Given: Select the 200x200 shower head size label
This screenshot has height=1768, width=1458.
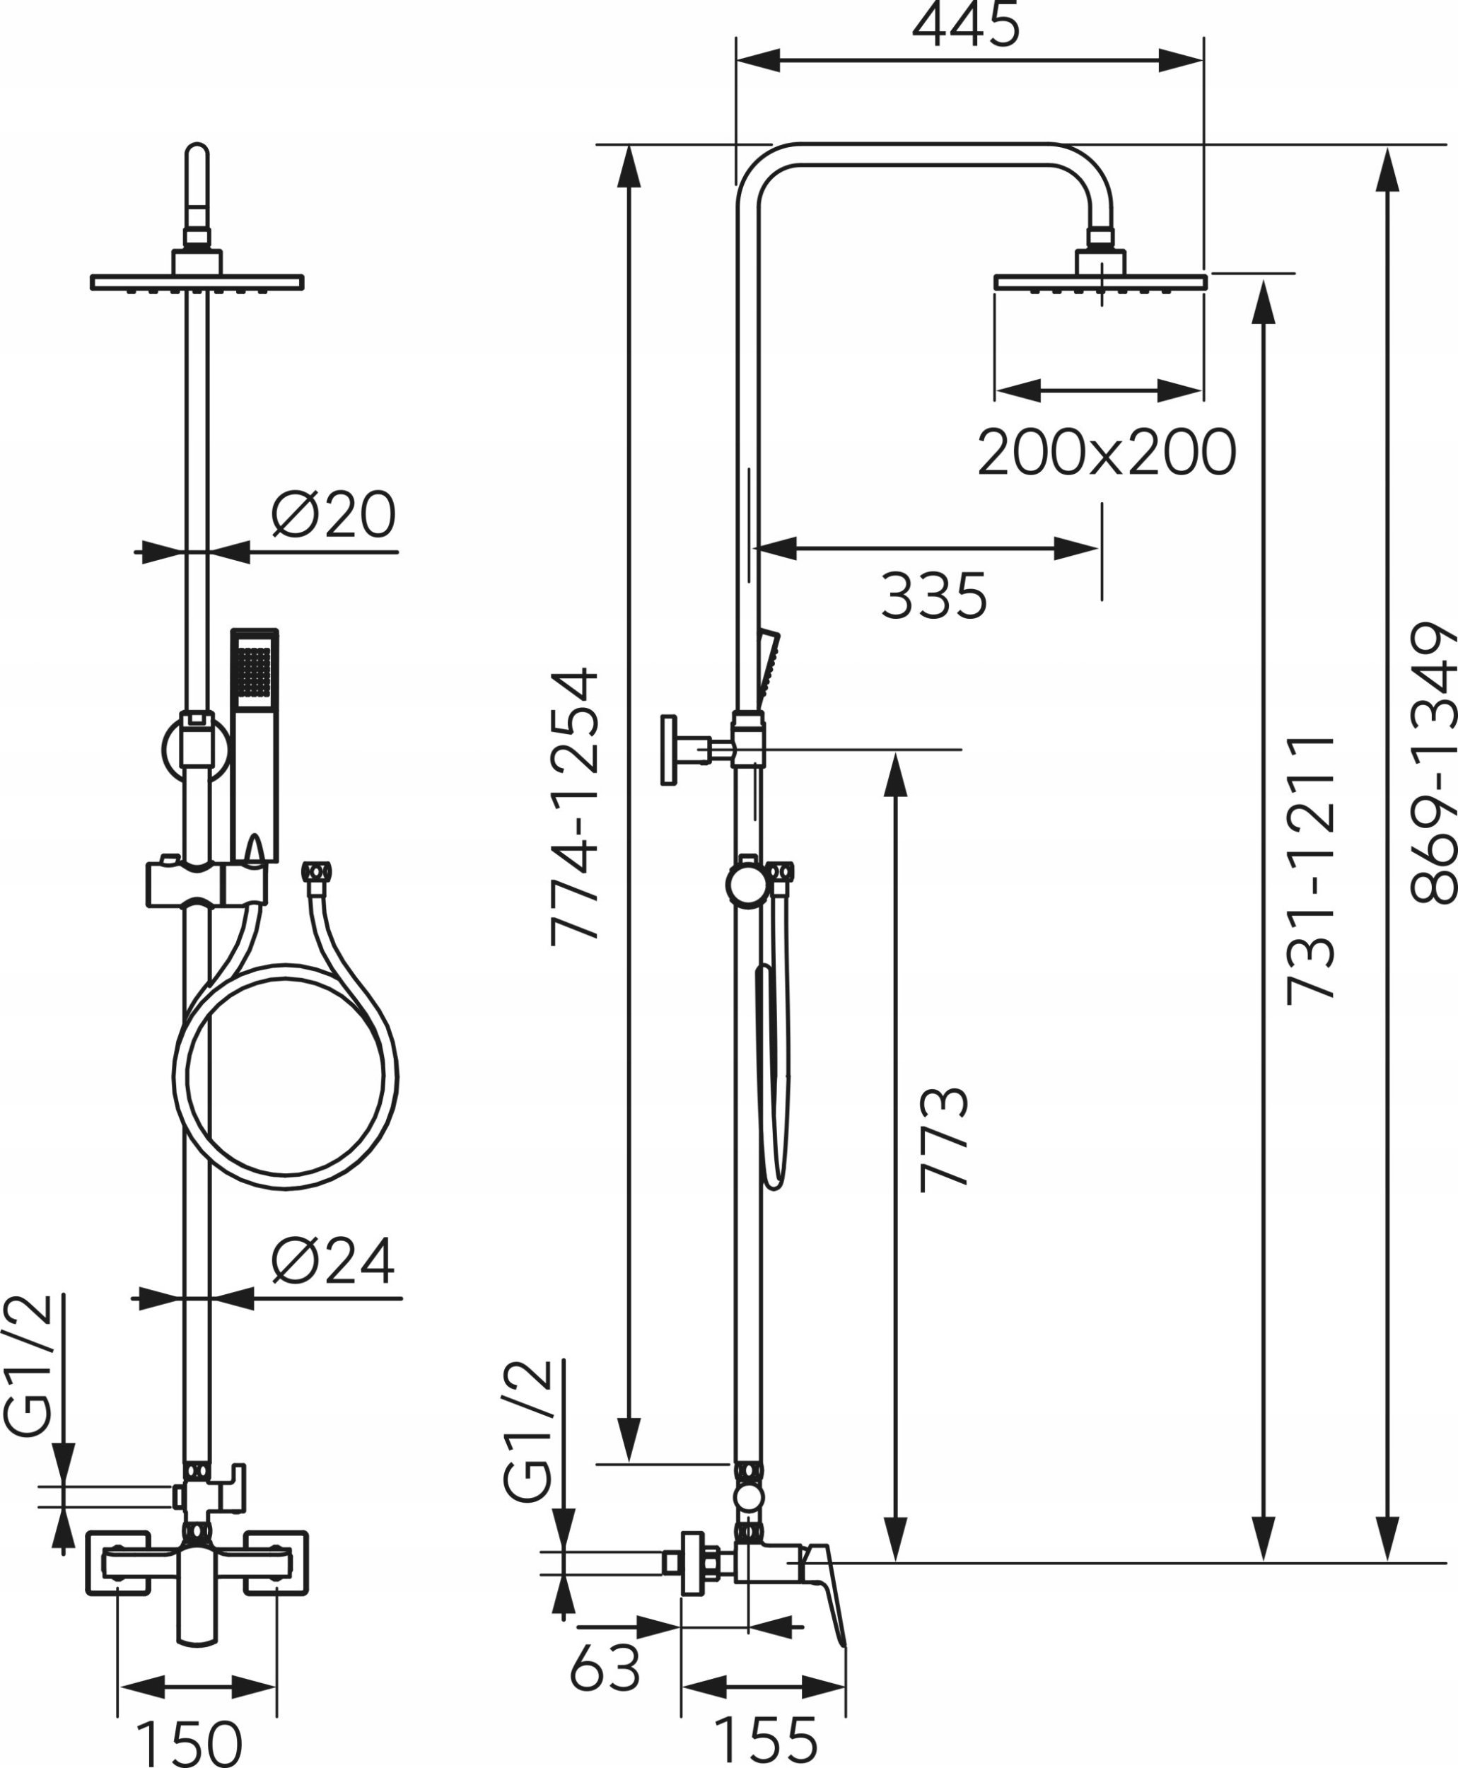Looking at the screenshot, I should (1106, 453).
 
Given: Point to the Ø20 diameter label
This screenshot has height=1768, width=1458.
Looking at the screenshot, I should (334, 514).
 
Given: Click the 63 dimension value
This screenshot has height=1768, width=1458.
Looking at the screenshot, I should (605, 1666).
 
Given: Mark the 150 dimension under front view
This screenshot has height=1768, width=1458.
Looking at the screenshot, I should (189, 1742).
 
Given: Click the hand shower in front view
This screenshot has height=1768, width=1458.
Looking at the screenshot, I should (254, 739).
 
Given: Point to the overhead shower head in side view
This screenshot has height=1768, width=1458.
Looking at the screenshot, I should (1100, 281).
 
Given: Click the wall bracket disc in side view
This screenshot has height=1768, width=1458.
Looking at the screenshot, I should (668, 750).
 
